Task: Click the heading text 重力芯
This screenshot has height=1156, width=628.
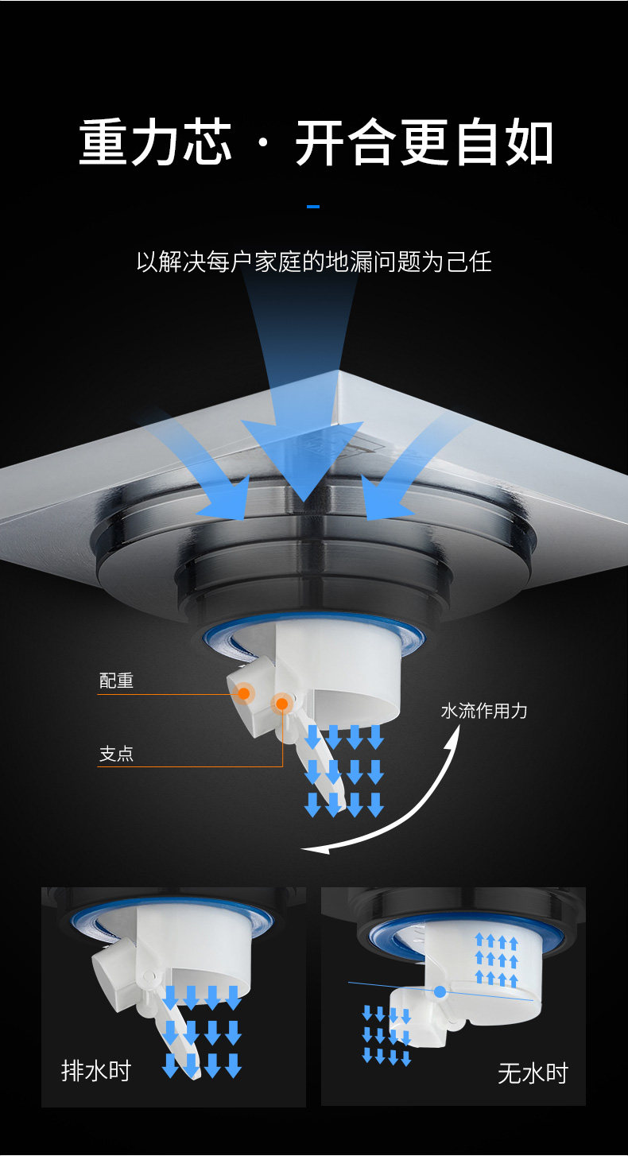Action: (x=156, y=143)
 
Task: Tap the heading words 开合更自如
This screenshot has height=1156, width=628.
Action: (x=424, y=143)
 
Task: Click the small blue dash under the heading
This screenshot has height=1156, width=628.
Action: (x=313, y=207)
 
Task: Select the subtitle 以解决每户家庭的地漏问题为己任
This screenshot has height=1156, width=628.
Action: (x=314, y=262)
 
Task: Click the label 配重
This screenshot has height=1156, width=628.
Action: (x=116, y=681)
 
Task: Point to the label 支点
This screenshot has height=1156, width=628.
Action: (x=116, y=754)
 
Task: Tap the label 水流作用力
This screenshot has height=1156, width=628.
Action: (x=484, y=710)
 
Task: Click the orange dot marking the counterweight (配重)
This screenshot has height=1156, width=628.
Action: (x=244, y=693)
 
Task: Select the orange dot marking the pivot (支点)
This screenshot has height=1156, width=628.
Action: (x=281, y=704)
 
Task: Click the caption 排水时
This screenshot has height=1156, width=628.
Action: (x=95, y=1071)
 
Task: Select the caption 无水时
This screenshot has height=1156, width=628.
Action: (x=533, y=1073)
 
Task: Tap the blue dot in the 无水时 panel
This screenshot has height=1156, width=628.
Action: (x=440, y=991)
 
